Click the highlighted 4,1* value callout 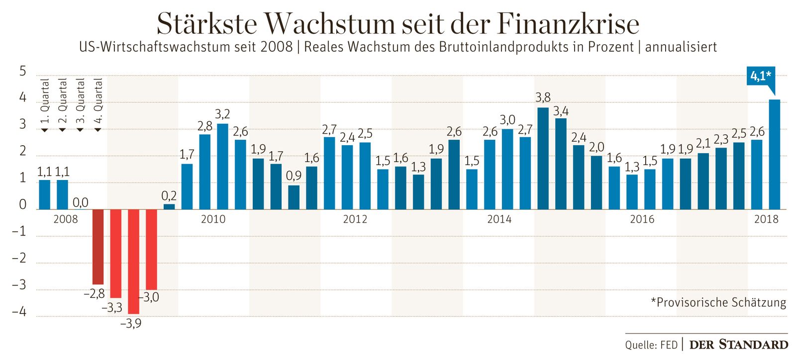pos(760,76)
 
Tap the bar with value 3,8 pos(543,158)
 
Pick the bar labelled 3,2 pos(222,167)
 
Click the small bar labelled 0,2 pos(169,207)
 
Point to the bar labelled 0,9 pos(294,197)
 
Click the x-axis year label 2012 pos(355,219)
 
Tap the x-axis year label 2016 pos(642,219)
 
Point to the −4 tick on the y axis pos(19,312)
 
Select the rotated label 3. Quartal pos(81,101)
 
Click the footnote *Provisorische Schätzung pos(718,302)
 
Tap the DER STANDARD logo pos(738,345)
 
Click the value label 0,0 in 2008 pos(80,202)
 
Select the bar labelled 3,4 pos(561,164)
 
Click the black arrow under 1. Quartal pos(45,130)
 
